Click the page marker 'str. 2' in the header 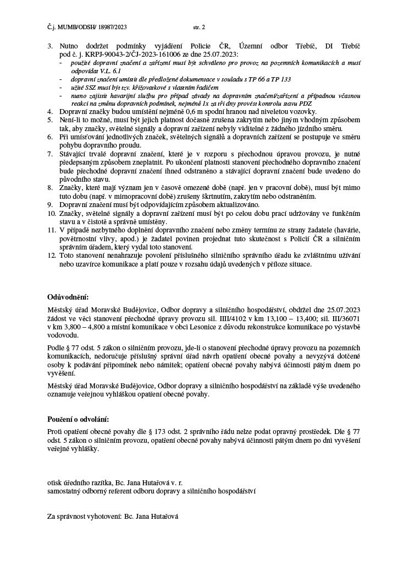pos(199,26)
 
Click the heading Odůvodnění pos(67,297)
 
